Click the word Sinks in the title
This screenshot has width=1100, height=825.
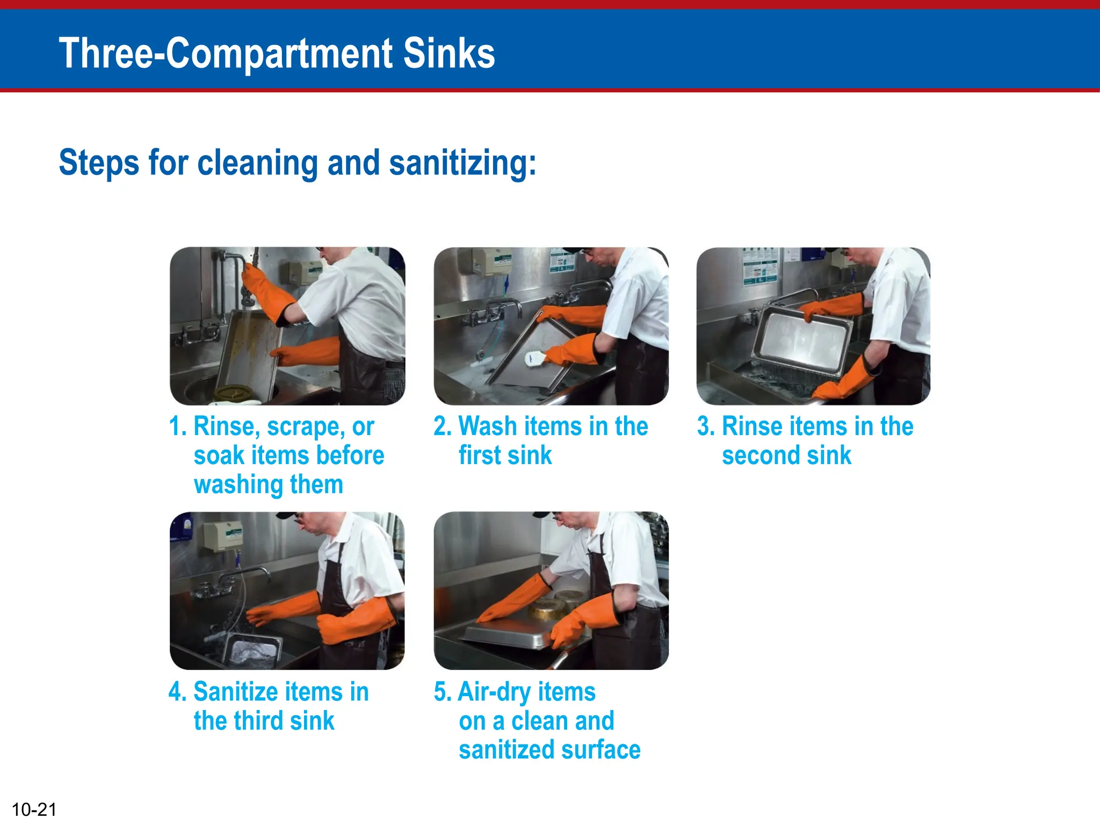click(448, 53)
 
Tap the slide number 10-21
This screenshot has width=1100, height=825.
click(34, 809)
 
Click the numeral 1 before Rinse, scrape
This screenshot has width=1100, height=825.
click(175, 426)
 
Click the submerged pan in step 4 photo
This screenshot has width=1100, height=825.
click(252, 649)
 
